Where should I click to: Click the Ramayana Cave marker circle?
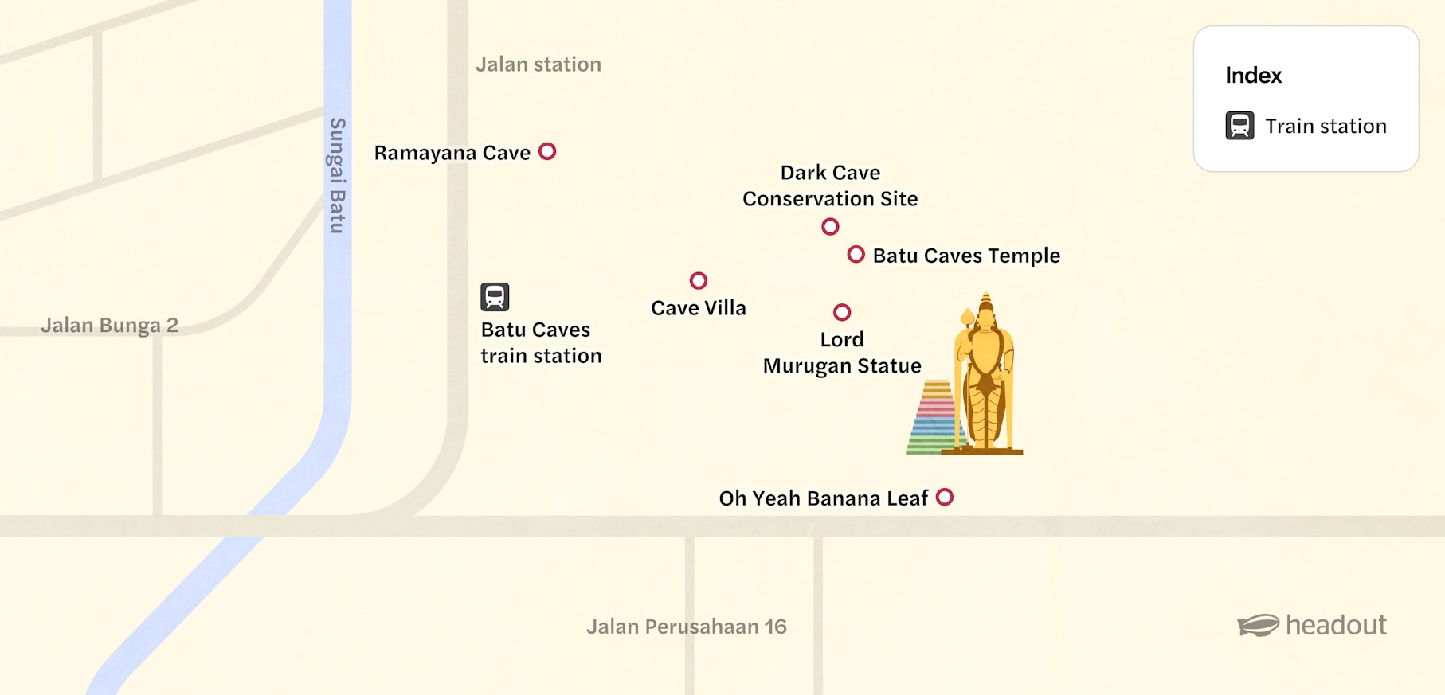coord(547,151)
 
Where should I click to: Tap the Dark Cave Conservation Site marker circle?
coord(830,227)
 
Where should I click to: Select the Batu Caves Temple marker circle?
coord(856,255)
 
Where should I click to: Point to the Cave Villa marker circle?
coord(699,280)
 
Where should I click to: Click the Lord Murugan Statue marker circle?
coord(842,312)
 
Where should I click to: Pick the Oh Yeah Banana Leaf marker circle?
coord(945,498)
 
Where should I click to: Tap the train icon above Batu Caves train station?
coord(495,297)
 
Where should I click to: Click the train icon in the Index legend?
coord(1239,126)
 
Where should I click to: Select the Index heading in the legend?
coord(1253,76)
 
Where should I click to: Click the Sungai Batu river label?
coord(338,175)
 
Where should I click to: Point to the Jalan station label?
coord(538,64)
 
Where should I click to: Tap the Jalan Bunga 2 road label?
coord(109,326)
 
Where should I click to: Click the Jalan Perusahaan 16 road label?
coord(686,627)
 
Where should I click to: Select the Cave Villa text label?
coord(699,308)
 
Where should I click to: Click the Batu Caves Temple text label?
coord(966,256)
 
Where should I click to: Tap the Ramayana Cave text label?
coord(452,153)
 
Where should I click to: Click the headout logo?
coord(1312,625)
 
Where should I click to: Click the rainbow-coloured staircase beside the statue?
coord(934,418)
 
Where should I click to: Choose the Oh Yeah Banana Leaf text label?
coord(823,498)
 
